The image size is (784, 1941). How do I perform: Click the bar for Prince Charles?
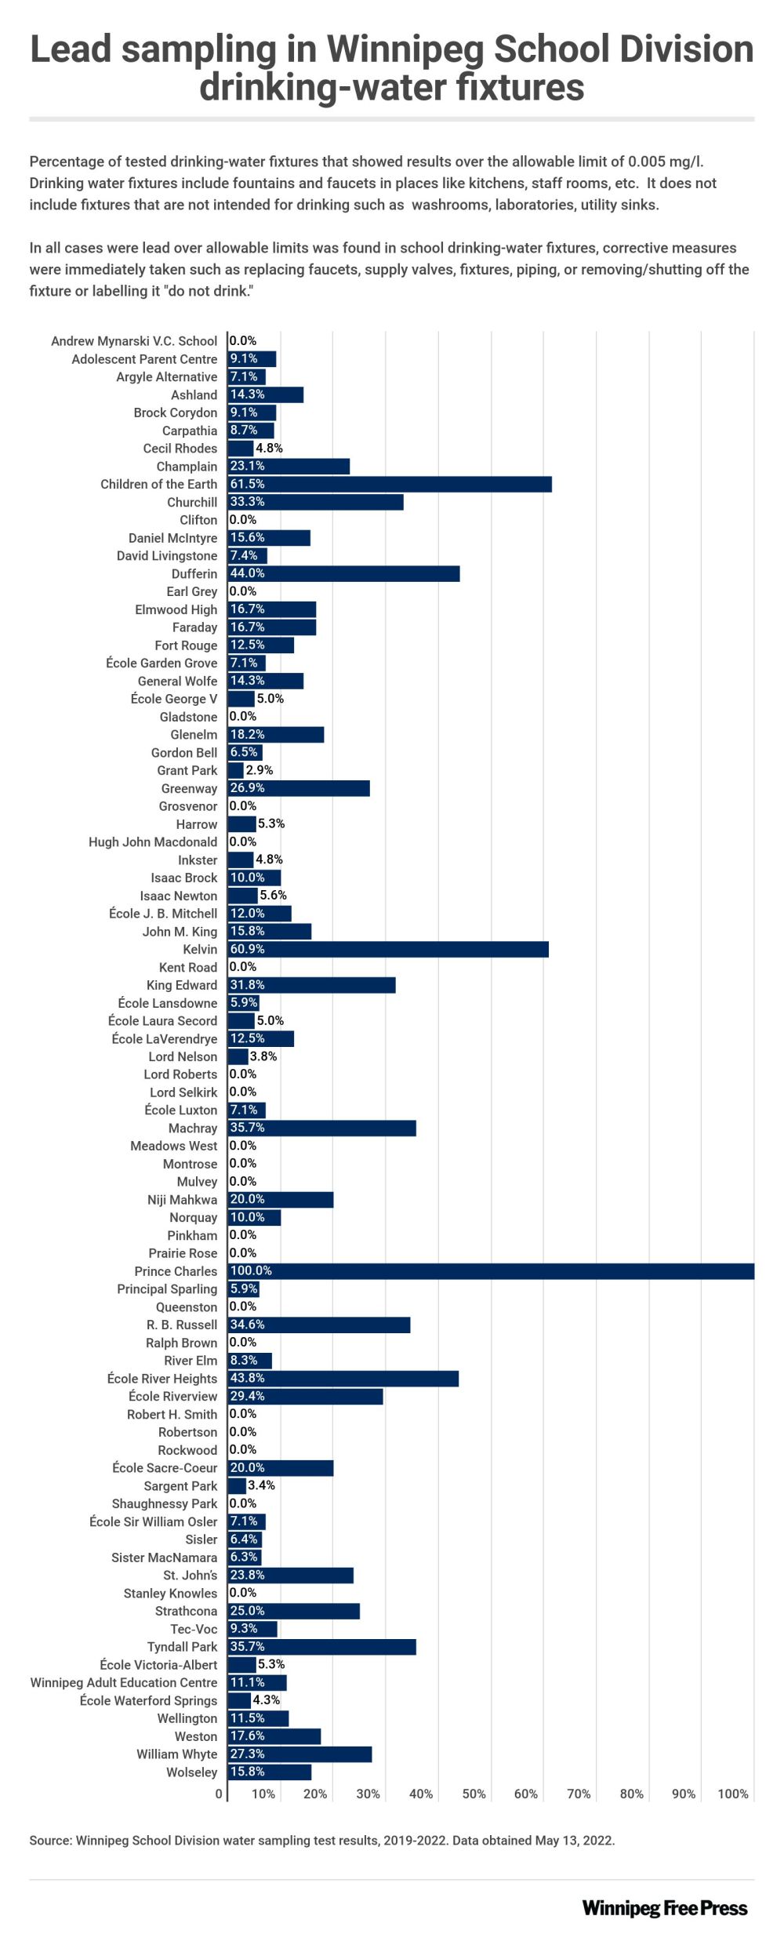[491, 1271]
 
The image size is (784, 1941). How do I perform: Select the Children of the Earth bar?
[390, 485]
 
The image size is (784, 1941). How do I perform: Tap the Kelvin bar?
[388, 950]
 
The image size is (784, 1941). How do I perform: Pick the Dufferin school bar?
[343, 574]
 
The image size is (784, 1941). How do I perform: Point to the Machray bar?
[321, 1129]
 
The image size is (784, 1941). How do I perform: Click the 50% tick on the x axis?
[474, 1794]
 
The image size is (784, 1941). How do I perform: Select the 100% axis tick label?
[733, 1794]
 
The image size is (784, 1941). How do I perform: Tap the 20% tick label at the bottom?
[315, 1794]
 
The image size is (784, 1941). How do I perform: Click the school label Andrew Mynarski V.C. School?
[134, 341]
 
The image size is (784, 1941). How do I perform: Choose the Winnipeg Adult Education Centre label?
[124, 1683]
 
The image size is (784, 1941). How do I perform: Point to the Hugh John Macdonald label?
[153, 842]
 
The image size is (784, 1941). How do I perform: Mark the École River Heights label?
[162, 1379]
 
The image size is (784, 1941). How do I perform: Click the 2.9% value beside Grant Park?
[260, 771]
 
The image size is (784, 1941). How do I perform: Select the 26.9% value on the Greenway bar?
[247, 788]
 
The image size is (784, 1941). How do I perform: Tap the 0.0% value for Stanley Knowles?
[243, 1593]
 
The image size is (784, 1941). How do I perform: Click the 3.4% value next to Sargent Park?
[261, 1485]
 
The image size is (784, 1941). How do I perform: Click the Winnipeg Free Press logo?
[665, 1908]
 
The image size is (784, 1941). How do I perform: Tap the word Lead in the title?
[70, 49]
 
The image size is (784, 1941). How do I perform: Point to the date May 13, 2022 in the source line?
[574, 1841]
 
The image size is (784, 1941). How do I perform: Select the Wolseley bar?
[270, 1772]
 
